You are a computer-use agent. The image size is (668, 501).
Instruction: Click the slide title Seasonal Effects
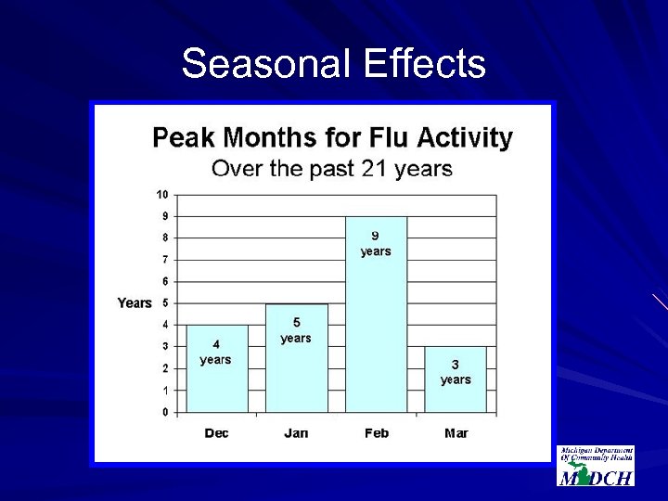coord(333,64)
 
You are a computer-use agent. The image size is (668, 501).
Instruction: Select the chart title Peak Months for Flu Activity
coord(332,138)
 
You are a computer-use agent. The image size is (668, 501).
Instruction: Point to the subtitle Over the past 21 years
coord(332,169)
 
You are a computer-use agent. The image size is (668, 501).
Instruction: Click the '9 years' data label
coord(376,243)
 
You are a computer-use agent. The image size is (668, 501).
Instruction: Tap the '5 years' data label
coord(296,330)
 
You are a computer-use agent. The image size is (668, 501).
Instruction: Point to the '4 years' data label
coord(215,352)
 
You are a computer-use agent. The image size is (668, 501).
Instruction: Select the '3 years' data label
coord(456,372)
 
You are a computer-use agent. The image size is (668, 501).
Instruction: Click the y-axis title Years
coord(135,303)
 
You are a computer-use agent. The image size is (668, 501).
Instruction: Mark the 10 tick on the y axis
coord(162,195)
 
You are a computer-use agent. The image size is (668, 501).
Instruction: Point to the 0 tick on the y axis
coord(164,412)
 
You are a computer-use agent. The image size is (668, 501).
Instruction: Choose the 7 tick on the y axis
coord(164,260)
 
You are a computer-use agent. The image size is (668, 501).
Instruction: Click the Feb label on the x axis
coord(377,433)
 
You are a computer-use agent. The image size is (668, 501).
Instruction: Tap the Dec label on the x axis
coord(216,433)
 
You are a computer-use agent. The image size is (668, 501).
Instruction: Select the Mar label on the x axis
coord(456,433)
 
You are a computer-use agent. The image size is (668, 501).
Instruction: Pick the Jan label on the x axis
coord(296,433)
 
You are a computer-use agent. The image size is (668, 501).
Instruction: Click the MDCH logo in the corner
coord(596,466)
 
